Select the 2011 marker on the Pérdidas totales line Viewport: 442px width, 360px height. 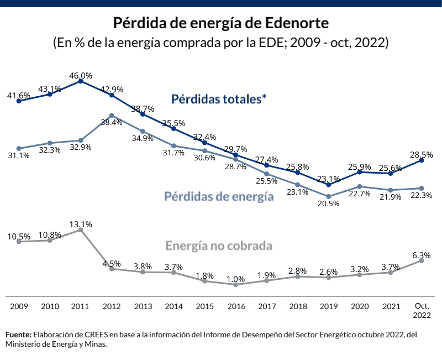pos(81,81)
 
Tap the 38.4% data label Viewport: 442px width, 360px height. pos(111,122)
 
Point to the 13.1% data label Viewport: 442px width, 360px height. pos(81,225)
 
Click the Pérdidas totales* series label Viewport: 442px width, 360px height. pos(219,100)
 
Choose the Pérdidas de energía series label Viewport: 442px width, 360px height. pos(219,196)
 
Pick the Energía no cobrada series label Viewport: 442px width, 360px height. pos(220,245)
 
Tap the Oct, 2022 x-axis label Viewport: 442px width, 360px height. pos(422,310)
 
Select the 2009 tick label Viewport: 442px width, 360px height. pos(19,306)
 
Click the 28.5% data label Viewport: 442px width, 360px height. pos(422,152)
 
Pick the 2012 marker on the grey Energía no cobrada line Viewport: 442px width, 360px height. pos(112,269)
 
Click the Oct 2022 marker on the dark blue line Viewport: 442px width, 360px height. pos(422,160)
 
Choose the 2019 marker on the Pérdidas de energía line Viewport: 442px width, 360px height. pos(329,196)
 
